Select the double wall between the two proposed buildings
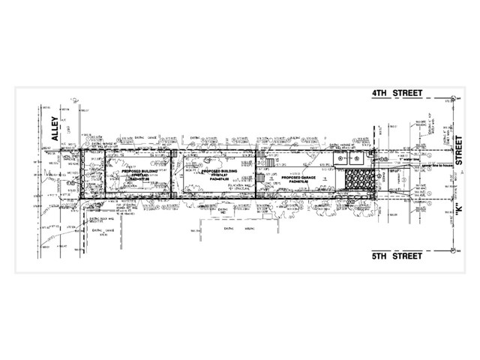coord(172,174)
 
